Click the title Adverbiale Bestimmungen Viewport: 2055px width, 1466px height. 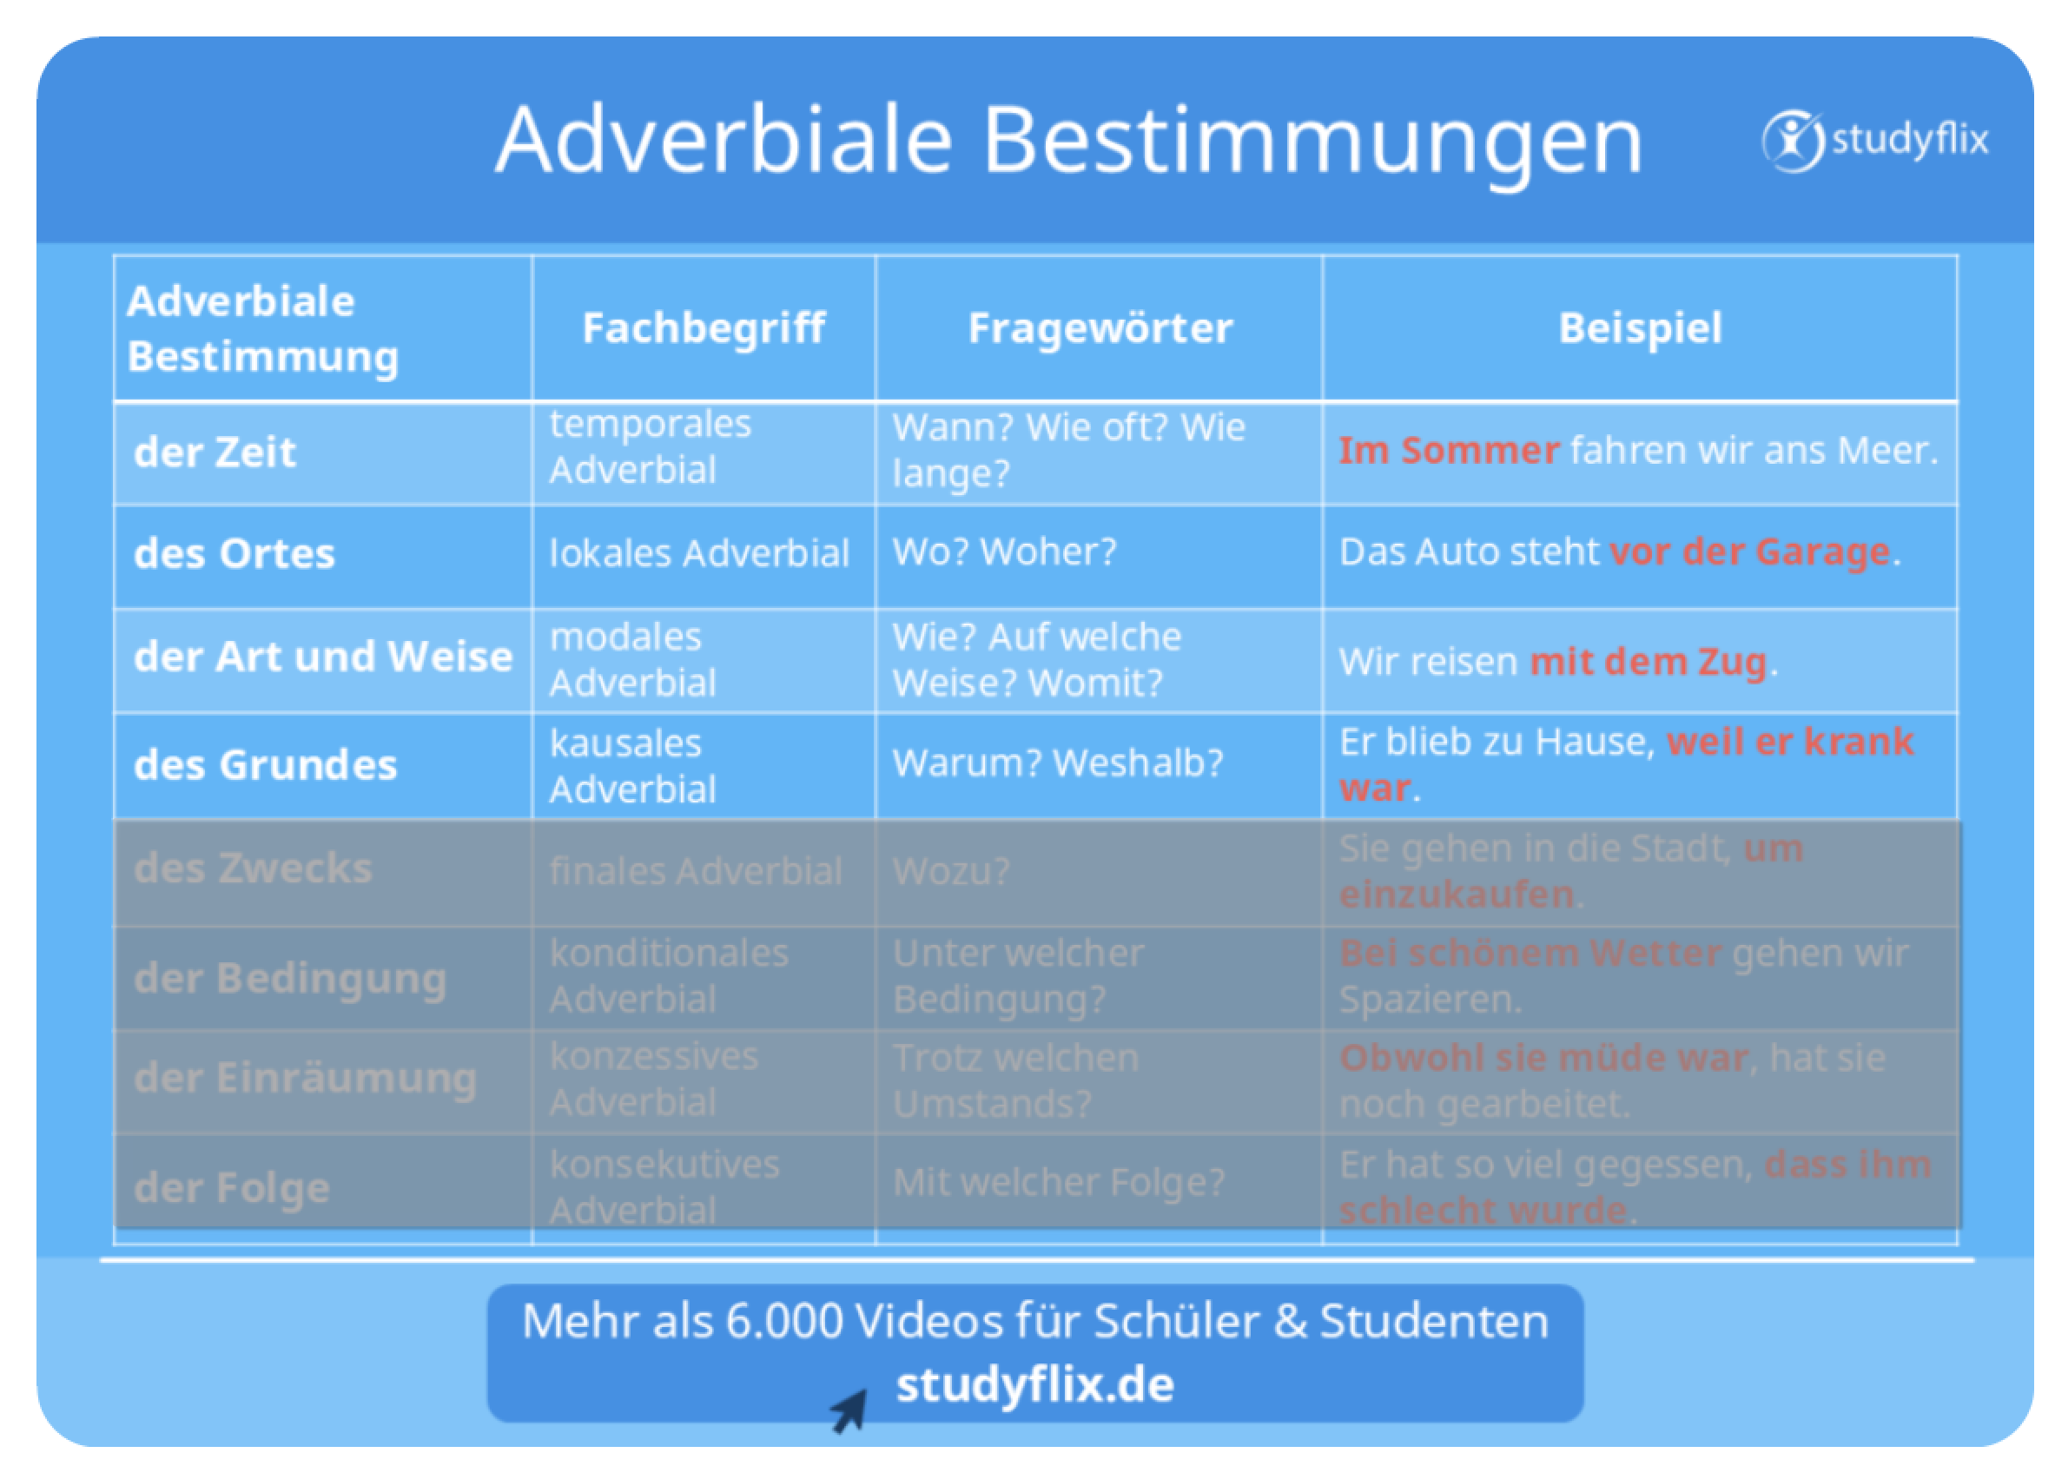pos(1069,142)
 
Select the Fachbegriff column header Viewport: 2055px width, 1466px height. pos(704,328)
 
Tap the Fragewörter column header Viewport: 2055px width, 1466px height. pos(1100,327)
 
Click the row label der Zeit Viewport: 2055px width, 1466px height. pos(215,452)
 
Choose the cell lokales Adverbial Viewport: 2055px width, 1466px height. pos(700,552)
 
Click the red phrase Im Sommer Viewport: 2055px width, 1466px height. pos(1449,450)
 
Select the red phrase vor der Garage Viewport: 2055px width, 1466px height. pos(1750,551)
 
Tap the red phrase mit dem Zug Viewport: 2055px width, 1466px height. pos(1648,662)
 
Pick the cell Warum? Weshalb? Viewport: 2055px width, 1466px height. pos(1057,763)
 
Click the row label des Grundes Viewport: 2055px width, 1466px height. pos(266,764)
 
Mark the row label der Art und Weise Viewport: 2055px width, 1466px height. pos(323,657)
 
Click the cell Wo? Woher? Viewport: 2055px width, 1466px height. pos(1004,551)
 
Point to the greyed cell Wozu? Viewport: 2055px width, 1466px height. pos(951,871)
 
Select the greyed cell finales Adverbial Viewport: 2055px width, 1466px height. pos(695,871)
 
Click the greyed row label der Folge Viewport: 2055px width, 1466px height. pos(232,1188)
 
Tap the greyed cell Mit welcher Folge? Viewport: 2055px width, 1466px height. pos(1058,1182)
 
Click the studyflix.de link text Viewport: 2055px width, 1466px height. pos(1034,1385)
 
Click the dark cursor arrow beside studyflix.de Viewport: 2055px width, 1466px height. pos(849,1411)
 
